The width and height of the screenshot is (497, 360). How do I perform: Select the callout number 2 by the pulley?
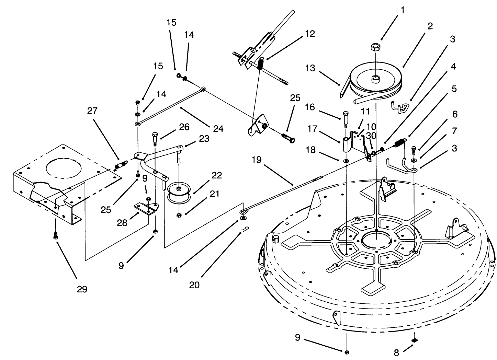point(430,26)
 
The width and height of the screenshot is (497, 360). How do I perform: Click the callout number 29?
point(82,289)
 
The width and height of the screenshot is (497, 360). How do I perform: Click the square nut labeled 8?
point(414,341)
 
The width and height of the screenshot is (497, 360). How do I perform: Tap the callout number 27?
point(92,111)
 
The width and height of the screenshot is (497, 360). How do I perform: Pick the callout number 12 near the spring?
point(309,34)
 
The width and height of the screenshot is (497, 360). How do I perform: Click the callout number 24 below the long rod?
point(218,129)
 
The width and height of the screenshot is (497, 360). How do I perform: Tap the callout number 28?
point(122,223)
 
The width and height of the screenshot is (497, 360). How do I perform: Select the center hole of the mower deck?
point(377,239)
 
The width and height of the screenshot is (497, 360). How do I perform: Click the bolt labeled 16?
point(345,119)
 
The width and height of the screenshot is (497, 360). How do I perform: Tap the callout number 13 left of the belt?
point(310,68)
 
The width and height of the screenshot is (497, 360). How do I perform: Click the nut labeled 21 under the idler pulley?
point(179,215)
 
